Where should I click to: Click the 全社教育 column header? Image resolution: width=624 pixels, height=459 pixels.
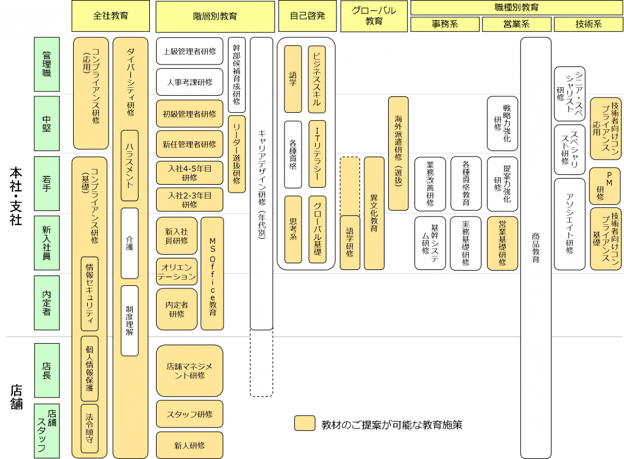[110, 16]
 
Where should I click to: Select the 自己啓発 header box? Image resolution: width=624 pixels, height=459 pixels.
[308, 16]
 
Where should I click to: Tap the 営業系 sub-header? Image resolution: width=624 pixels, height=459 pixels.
[517, 24]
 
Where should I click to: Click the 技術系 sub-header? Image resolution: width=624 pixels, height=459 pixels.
[588, 24]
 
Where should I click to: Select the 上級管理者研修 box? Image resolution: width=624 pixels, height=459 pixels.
[190, 52]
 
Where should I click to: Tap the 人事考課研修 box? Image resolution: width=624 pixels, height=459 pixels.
[190, 82]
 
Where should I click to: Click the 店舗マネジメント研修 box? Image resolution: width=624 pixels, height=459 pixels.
[190, 371]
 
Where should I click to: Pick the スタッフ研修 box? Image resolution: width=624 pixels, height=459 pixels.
[190, 414]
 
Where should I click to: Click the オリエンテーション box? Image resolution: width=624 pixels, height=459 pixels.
[177, 272]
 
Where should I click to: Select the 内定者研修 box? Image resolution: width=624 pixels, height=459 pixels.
[177, 308]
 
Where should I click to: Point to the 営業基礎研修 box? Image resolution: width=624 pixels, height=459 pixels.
[502, 243]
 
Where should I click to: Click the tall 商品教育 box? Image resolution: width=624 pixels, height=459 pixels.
[536, 247]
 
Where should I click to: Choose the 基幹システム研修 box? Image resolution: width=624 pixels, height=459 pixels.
[430, 243]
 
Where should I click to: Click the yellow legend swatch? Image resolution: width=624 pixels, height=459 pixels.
[304, 424]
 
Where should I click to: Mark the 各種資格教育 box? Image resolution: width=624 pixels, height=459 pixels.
[466, 182]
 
